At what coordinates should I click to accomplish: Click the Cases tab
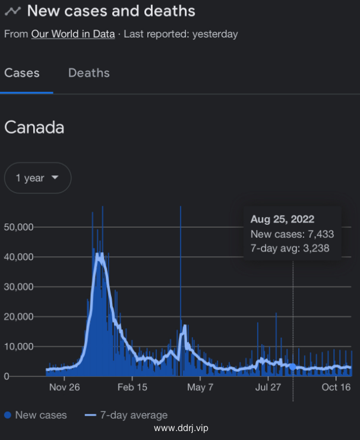pos(22,73)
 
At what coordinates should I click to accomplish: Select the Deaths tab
pos(89,73)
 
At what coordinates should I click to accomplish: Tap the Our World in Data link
pos(73,34)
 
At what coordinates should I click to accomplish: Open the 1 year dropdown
pos(37,178)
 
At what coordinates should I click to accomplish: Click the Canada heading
pos(34,128)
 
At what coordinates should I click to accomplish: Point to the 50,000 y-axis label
pos(18,227)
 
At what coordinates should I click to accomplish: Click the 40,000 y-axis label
pos(18,257)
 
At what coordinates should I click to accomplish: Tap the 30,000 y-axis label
pos(18,287)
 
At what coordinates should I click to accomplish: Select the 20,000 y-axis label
pos(18,317)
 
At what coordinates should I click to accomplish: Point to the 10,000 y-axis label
pos(18,347)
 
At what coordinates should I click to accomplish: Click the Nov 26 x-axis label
pos(64,388)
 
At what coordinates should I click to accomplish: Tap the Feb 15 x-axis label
pos(132,388)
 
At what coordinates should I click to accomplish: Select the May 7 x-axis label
pos(200,388)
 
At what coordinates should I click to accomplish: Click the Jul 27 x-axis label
pos(268,388)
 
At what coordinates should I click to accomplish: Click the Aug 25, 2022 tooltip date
pos(282,219)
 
